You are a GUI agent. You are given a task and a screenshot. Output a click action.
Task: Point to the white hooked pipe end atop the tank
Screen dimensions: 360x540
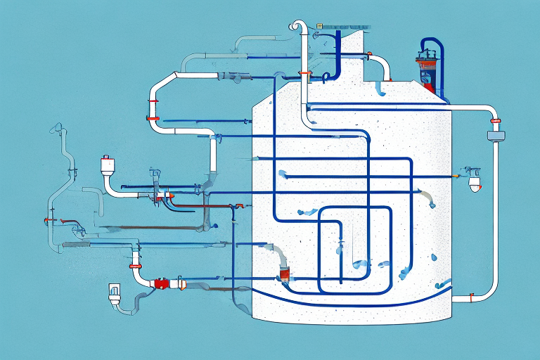[x=296, y=27]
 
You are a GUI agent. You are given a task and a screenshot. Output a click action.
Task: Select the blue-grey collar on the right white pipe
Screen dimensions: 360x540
[x=496, y=134]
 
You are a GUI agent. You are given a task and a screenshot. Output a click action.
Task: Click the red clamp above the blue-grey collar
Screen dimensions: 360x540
[x=496, y=122]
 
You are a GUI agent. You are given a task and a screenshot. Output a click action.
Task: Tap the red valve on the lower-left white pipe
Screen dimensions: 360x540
[x=161, y=284]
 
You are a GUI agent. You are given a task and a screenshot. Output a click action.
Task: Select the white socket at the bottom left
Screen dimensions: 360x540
[x=115, y=292]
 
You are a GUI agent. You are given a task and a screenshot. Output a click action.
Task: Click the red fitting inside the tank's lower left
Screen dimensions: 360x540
[x=284, y=271]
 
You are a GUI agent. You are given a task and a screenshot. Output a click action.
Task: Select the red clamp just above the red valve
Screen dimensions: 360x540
[x=133, y=267]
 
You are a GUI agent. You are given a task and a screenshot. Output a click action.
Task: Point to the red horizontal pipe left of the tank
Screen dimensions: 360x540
[x=204, y=205]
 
